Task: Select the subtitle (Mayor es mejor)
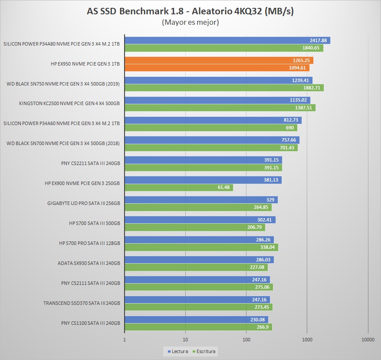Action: [190, 22]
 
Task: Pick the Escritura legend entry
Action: [206, 351]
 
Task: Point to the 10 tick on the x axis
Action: [185, 340]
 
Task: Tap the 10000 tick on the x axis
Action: [368, 340]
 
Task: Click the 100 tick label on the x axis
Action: [246, 340]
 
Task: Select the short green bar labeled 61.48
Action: [179, 188]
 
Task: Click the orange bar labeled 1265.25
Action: [219, 60]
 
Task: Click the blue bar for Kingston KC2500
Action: [217, 100]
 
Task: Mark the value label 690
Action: [290, 128]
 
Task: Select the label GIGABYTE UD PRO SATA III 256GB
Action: [83, 203]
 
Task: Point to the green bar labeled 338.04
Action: [201, 248]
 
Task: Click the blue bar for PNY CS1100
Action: [196, 320]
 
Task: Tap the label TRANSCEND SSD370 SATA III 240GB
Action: [82, 303]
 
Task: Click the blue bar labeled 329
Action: [201, 200]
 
